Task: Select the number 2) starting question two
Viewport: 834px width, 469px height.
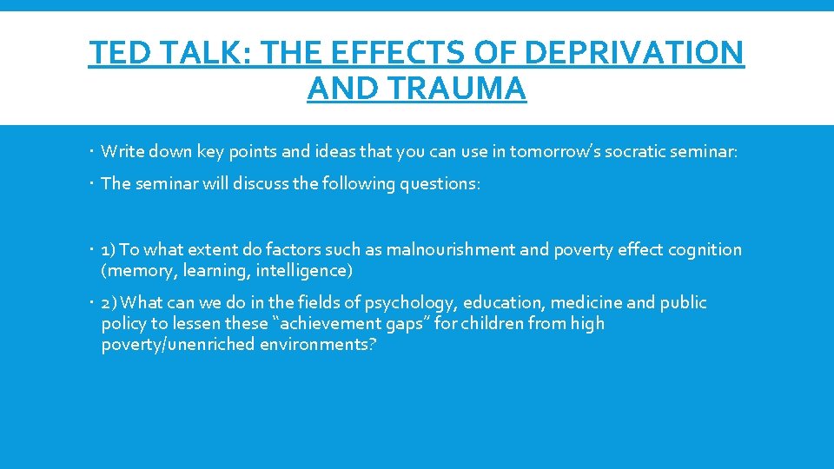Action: [110, 303]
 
